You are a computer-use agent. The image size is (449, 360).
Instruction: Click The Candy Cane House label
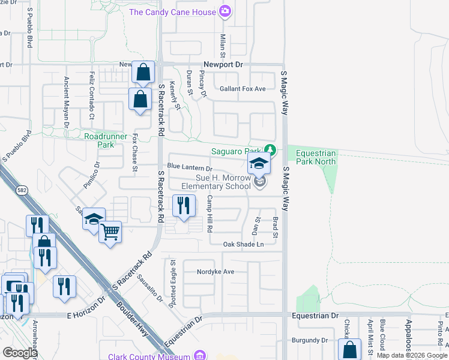tap(173, 11)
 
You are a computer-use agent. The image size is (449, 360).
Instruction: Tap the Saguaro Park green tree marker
tap(271, 149)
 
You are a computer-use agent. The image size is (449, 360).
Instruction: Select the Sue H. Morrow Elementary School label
tap(215, 182)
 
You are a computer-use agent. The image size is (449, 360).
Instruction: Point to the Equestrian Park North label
tap(316, 157)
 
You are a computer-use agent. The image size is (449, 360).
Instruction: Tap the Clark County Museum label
tap(149, 355)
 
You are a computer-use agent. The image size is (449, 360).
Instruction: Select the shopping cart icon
tap(110, 230)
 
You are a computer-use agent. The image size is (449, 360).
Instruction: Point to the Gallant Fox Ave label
tap(242, 89)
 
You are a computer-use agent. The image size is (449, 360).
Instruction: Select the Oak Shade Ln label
tap(243, 244)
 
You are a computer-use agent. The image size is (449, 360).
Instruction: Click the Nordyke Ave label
tap(215, 272)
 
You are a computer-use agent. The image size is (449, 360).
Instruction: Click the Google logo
tap(19, 352)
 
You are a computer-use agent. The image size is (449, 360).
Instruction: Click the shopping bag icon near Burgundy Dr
tap(349, 349)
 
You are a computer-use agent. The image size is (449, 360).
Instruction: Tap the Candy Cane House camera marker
tap(225, 11)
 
